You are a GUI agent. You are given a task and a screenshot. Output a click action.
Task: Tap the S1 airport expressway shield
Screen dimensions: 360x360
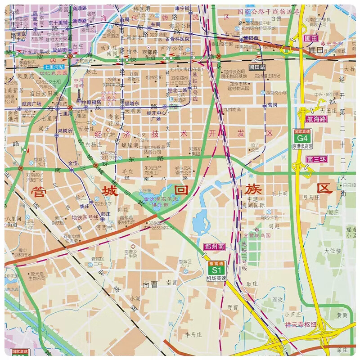coord(215,270)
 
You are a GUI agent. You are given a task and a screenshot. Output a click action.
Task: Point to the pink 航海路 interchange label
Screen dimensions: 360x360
coord(318,119)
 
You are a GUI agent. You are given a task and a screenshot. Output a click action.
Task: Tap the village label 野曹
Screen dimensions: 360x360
coord(233,307)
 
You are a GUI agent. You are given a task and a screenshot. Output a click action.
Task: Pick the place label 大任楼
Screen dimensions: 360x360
coord(333,250)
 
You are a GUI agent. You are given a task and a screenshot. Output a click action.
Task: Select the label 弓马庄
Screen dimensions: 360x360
coord(311,197)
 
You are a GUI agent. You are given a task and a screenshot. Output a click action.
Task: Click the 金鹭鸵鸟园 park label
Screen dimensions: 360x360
coord(258,235)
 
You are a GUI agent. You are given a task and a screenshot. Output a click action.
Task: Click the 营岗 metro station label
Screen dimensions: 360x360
coord(272,105)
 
